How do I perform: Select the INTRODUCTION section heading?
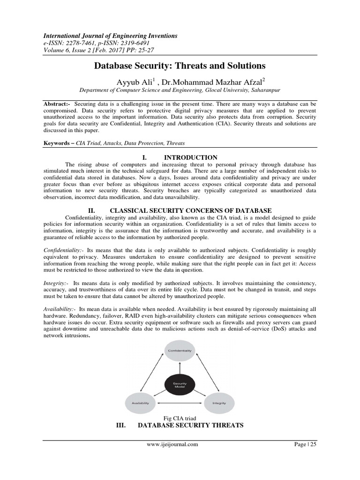pyautogui.click(x=194, y=157)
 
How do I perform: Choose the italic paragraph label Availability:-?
pyautogui.click(x=59, y=310)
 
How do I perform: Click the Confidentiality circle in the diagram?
pyautogui.click(x=180, y=351)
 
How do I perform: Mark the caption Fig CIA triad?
pyautogui.click(x=180, y=418)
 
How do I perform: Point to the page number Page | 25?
pyautogui.click(x=306, y=444)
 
